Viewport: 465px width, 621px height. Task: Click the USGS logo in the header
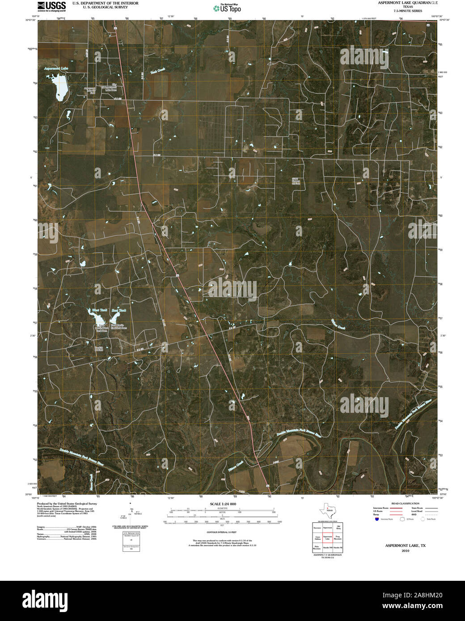(52, 6)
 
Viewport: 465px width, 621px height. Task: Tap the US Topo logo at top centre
(228, 8)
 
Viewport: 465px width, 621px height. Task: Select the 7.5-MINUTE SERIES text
(407, 11)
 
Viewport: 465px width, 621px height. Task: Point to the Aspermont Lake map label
(56, 69)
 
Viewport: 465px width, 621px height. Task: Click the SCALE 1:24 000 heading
(223, 504)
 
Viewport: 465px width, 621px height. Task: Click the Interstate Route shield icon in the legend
(376, 520)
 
